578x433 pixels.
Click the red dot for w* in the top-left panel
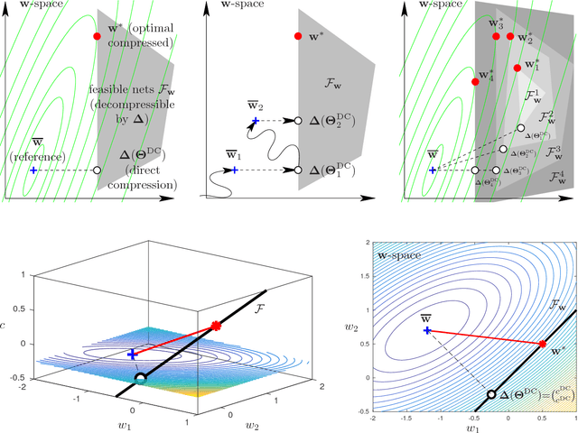[x=96, y=36]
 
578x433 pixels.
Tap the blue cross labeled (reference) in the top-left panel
[x=33, y=170]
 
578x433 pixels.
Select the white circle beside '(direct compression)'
[x=97, y=170]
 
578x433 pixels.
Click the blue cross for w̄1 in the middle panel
[x=234, y=170]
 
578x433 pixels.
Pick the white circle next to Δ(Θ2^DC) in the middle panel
[x=297, y=120]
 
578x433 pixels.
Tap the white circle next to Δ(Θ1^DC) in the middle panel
[x=297, y=170]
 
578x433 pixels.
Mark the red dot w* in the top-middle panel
[x=297, y=36]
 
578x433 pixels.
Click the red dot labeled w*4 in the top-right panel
[x=475, y=82]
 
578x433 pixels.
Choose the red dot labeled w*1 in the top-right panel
[x=517, y=68]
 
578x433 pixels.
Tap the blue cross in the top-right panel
[x=433, y=170]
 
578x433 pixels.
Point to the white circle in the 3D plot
[x=140, y=378]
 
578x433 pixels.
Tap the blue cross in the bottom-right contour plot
[x=426, y=330]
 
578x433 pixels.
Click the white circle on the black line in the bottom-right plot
[x=491, y=394]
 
